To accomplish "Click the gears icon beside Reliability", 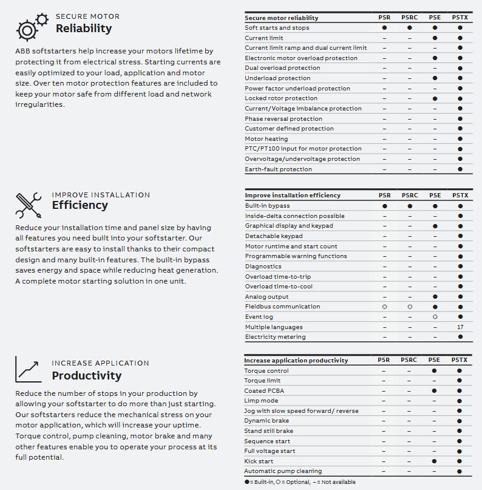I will [30, 26].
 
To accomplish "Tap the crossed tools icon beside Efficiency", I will [28, 205].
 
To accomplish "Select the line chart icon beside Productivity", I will [28, 369].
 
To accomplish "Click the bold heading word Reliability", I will [84, 29].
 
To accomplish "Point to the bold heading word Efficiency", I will [80, 205].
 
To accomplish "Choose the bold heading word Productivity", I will [86, 375].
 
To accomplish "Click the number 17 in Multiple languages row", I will [460, 327].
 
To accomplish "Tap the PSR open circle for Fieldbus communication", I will [384, 307].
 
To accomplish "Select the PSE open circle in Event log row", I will [435, 317].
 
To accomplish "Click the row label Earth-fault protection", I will [278, 169].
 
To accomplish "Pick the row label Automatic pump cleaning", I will [283, 471].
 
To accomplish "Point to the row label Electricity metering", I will [275, 337].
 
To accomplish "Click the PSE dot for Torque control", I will [435, 370].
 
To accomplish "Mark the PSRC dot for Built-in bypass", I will [410, 206].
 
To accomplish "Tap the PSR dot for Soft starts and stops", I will [384, 28].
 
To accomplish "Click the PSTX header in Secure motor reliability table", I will [460, 18].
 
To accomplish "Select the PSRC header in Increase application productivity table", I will [409, 360].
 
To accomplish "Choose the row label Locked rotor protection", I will [280, 98].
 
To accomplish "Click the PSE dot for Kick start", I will [435, 461].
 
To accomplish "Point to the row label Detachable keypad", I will [273, 236].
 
